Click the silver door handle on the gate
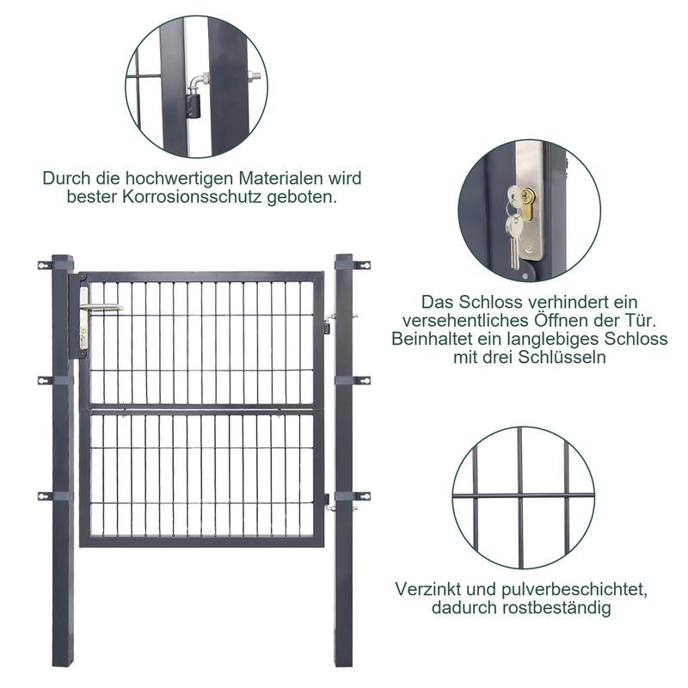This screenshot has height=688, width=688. click(101, 307)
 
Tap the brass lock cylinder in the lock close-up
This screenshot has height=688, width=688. click(528, 205)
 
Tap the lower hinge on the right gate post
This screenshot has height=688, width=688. click(329, 503)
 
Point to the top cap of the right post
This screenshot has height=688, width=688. click(343, 256)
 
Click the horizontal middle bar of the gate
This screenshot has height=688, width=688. click(202, 411)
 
